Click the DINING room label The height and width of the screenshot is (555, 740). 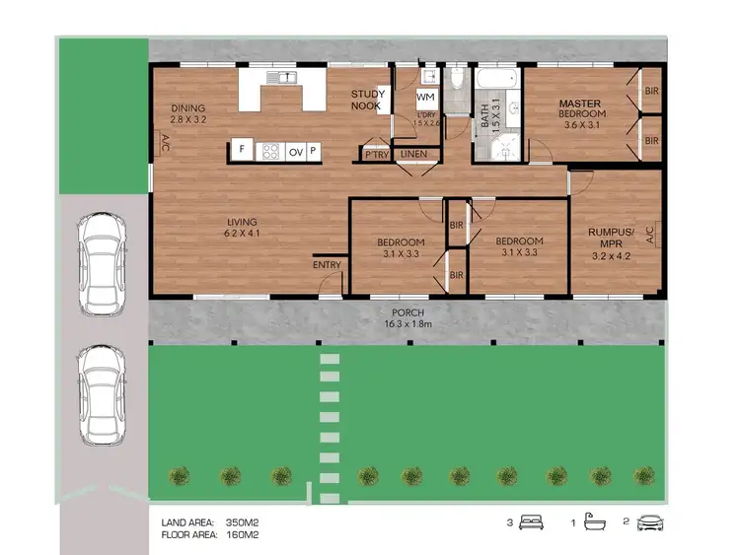188,108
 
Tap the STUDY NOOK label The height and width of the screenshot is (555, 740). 370,101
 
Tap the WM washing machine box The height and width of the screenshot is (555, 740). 425,98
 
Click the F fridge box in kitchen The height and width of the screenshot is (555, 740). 240,151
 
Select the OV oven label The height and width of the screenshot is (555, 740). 295,152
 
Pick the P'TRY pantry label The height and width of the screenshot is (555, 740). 375,155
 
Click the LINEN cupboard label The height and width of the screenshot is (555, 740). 412,154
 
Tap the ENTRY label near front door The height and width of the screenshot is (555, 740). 327,265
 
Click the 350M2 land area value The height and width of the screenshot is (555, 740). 243,522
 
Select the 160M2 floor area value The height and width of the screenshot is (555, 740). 243,535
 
